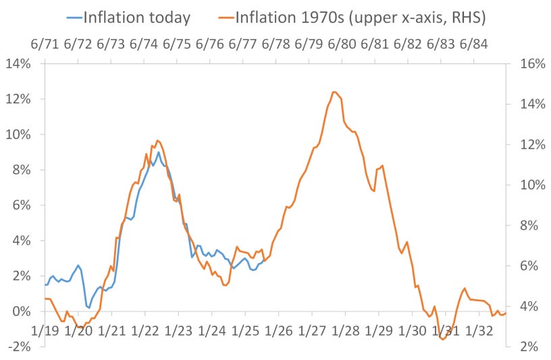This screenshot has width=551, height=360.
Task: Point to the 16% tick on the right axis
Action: [x=526, y=64]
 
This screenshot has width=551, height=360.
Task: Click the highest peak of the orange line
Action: [x=334, y=92]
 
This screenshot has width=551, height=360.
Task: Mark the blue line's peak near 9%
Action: [x=159, y=152]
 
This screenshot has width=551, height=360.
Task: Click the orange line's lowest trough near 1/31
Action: [x=443, y=339]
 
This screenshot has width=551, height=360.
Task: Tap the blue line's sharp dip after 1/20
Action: [x=88, y=307]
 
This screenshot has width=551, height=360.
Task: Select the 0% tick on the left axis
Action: [x=22, y=311]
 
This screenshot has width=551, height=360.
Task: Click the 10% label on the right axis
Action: [x=526, y=185]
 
